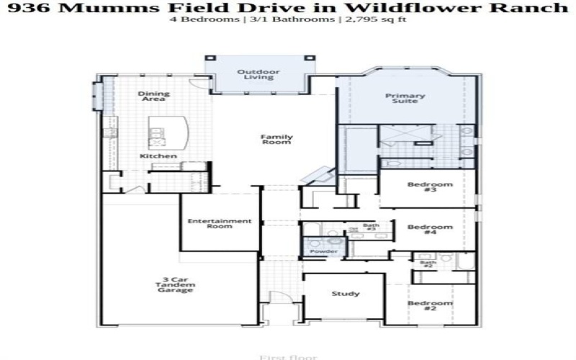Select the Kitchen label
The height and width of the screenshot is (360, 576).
pyautogui.click(x=158, y=156)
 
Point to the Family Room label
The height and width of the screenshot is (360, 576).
pyautogui.click(x=276, y=139)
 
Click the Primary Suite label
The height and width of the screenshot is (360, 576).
pyautogui.click(x=405, y=99)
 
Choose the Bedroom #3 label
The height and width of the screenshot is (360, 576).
pyautogui.click(x=430, y=187)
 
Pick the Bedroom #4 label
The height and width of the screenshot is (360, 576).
pyautogui.click(x=430, y=230)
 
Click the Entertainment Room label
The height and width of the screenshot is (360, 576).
pyautogui.click(x=220, y=224)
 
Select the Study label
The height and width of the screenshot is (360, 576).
pyautogui.click(x=346, y=294)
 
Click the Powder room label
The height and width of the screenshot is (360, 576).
pyautogui.click(x=318, y=251)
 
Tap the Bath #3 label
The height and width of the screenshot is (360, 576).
pyautogui.click(x=371, y=228)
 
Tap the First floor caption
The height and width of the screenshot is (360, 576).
pyautogui.click(x=276, y=356)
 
